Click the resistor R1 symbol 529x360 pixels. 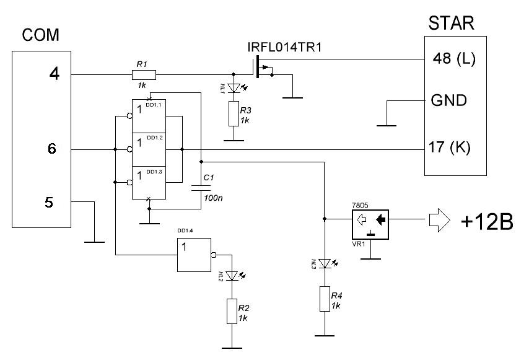coord(144,75)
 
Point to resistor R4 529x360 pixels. coord(325,299)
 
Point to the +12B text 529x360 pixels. coord(487,222)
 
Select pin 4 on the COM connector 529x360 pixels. coord(55,75)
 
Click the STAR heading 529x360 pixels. coord(451,24)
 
